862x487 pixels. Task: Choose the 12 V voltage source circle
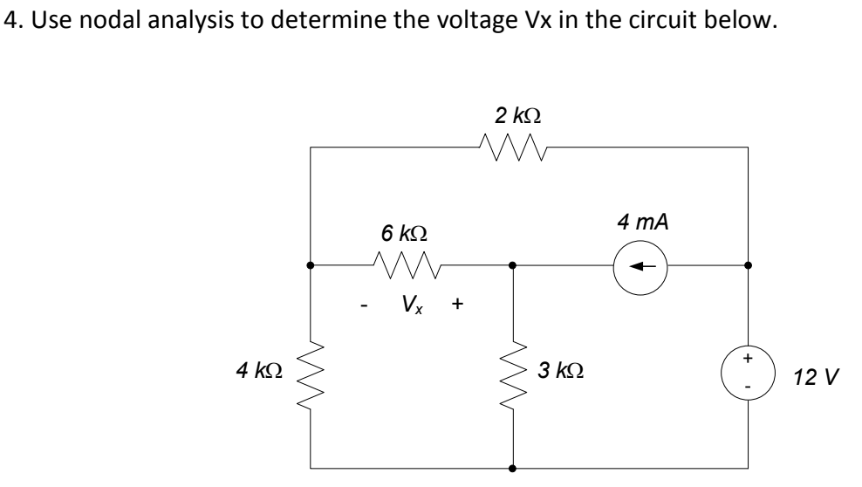click(x=748, y=369)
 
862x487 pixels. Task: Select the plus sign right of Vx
click(x=458, y=305)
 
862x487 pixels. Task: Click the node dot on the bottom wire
click(x=512, y=468)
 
